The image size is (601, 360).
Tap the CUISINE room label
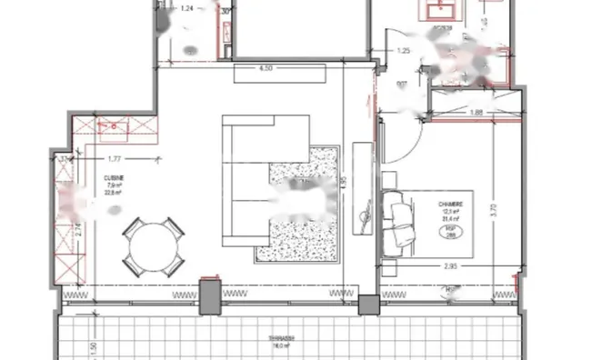(113, 178)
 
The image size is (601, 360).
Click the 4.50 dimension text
(266, 69)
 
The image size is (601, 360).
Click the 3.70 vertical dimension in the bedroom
(492, 208)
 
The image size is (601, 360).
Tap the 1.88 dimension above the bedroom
(475, 113)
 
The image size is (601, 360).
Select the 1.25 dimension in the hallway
(405, 51)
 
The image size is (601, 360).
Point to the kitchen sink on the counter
(113, 128)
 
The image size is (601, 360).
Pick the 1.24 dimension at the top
(187, 9)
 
